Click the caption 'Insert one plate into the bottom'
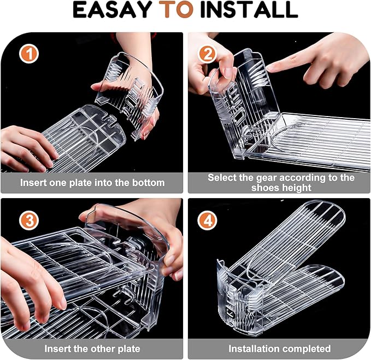pos(92,182)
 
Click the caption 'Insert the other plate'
pos(92,349)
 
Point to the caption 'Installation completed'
pos(279,349)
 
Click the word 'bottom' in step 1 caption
pos(149,182)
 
